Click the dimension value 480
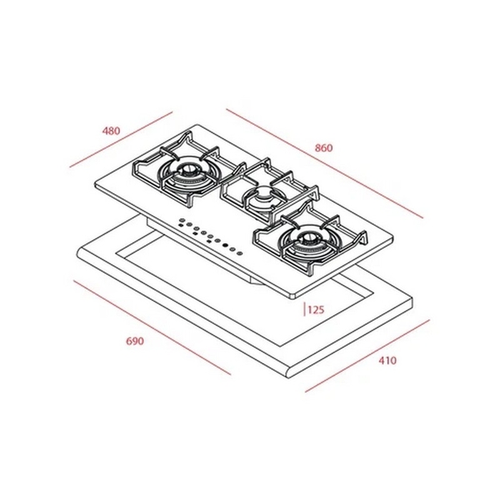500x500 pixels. (x=111, y=130)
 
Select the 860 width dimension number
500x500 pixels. (x=324, y=147)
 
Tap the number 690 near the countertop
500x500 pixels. (x=136, y=342)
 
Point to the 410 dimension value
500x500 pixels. (x=387, y=361)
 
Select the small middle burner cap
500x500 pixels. (x=264, y=197)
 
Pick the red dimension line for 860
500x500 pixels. (x=325, y=162)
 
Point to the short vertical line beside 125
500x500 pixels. (x=302, y=310)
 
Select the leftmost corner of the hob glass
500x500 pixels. (x=96, y=187)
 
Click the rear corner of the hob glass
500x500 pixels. (x=193, y=126)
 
